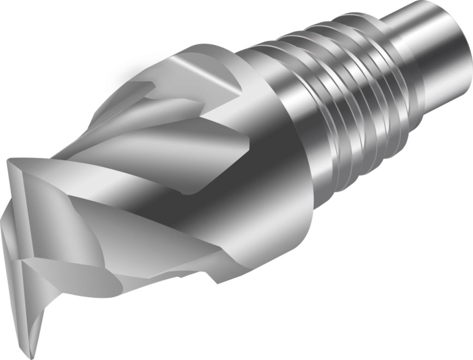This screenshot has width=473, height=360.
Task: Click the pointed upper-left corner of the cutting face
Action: click(x=9, y=161)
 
